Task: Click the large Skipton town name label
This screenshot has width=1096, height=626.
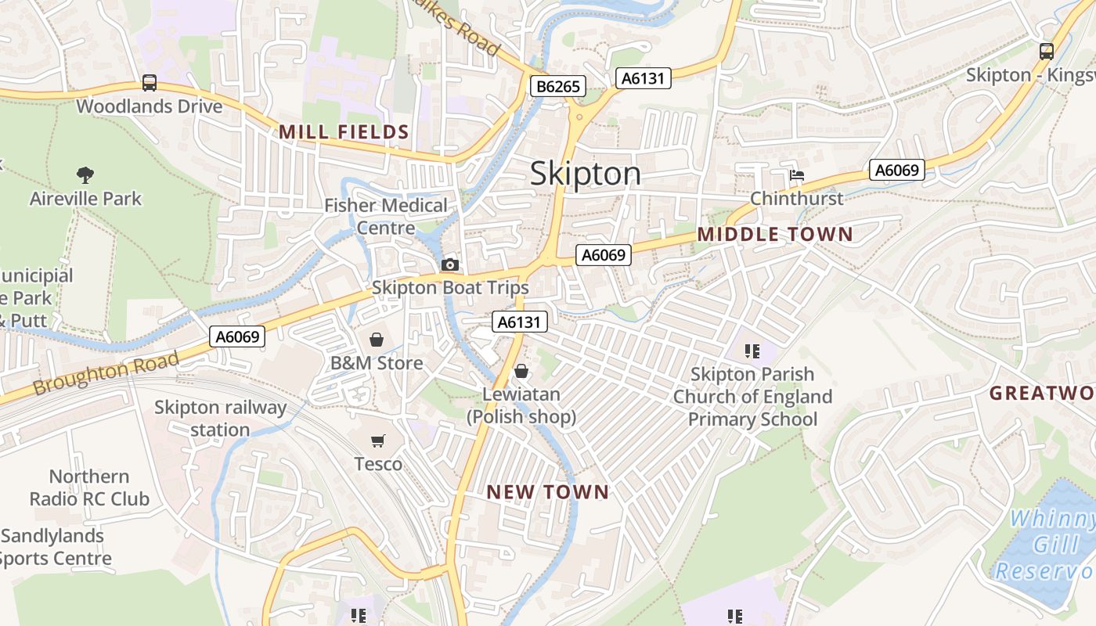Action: coord(586,174)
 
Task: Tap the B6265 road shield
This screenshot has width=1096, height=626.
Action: coord(558,86)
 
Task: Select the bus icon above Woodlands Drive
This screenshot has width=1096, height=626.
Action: coord(149,83)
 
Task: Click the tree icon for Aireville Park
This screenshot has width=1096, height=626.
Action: coord(85,175)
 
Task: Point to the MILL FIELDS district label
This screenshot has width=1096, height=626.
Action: coord(344,132)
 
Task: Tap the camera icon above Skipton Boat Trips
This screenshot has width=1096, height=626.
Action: coord(450,265)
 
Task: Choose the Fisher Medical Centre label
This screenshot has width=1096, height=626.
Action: coord(386,216)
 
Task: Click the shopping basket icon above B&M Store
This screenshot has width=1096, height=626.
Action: coord(377,340)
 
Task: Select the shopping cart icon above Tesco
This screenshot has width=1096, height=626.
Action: coord(378,441)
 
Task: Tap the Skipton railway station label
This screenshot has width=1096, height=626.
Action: coord(220,418)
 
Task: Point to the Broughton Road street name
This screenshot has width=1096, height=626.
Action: coord(106,375)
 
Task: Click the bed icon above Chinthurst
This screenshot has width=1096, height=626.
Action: coord(797,175)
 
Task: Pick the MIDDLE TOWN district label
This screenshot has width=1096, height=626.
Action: coord(774,234)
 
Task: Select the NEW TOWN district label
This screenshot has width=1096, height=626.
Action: coord(547,491)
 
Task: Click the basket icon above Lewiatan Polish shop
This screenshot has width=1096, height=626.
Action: coord(521,371)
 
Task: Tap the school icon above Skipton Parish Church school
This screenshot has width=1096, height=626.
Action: coord(752,351)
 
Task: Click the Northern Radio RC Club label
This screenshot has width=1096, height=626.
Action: coord(89,487)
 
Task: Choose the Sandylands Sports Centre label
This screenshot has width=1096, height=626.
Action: coord(55,547)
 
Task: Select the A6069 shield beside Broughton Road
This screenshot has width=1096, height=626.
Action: coord(237,337)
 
